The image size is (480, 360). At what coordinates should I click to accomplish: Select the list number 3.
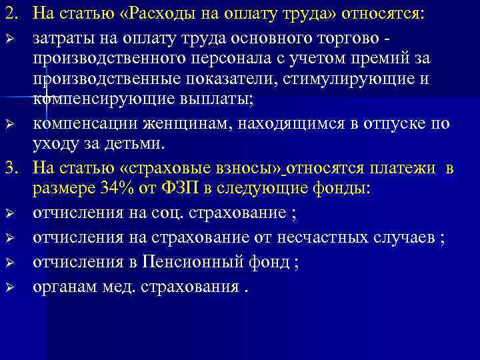[x=12, y=168]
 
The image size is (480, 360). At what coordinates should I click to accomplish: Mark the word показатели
[x=227, y=80]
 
